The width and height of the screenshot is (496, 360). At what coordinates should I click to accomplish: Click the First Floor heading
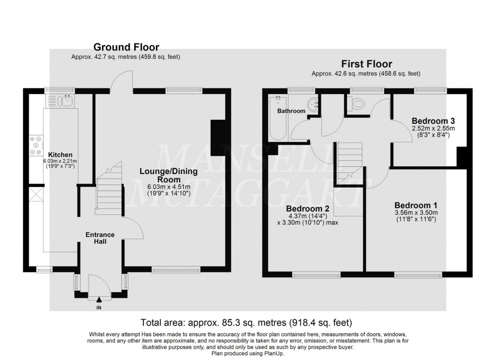(x=366, y=64)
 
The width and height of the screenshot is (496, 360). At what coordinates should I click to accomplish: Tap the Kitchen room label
(x=60, y=155)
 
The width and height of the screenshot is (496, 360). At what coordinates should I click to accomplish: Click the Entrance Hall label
(x=100, y=238)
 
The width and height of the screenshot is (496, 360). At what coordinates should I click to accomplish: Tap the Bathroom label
(x=291, y=111)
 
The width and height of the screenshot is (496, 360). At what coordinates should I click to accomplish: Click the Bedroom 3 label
(x=433, y=121)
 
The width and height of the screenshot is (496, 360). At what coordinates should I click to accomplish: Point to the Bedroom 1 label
(x=416, y=205)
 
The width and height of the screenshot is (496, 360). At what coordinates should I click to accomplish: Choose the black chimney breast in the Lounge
(x=218, y=137)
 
